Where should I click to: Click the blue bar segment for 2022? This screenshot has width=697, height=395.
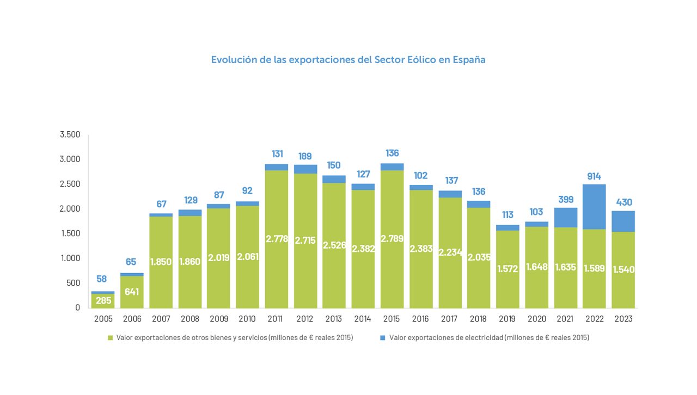click(x=594, y=207)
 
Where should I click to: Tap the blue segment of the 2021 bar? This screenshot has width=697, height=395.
click(x=565, y=218)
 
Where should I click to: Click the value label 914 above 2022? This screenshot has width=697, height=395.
click(x=594, y=176)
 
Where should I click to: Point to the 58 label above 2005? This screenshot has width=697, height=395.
click(x=102, y=279)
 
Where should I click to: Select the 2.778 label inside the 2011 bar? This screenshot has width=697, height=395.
click(x=277, y=238)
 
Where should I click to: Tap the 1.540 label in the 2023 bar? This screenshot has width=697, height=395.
click(x=623, y=269)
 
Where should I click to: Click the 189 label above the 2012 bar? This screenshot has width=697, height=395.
click(x=305, y=157)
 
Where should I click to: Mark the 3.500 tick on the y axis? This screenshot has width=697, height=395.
click(x=70, y=134)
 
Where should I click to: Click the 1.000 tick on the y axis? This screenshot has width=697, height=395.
click(x=70, y=258)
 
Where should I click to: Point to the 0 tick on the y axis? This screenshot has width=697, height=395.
click(x=77, y=307)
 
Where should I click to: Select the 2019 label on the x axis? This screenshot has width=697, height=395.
click(x=508, y=319)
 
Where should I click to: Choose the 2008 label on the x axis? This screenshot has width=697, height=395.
click(x=189, y=319)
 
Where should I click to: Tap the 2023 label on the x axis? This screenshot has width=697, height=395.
click(x=623, y=319)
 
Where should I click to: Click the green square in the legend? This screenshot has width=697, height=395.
click(x=110, y=338)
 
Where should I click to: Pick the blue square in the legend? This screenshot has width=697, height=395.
click(x=383, y=338)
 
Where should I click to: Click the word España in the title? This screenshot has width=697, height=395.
click(x=469, y=60)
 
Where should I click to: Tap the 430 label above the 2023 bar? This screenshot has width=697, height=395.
click(x=623, y=202)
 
